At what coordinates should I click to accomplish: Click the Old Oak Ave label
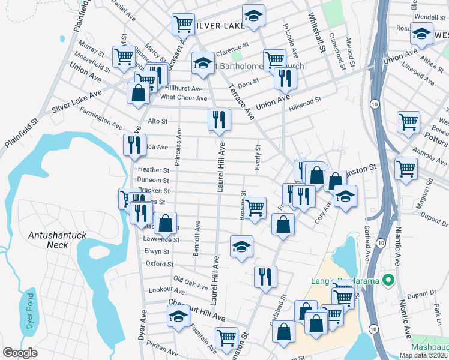(190, 280)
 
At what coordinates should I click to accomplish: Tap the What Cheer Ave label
(184, 97)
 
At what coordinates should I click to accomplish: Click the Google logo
(20, 353)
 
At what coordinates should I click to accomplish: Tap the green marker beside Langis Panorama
(388, 280)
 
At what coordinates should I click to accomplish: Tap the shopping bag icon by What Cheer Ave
(138, 93)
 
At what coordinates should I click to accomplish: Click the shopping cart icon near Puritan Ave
(227, 338)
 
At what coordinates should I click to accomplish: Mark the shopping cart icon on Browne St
(255, 208)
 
